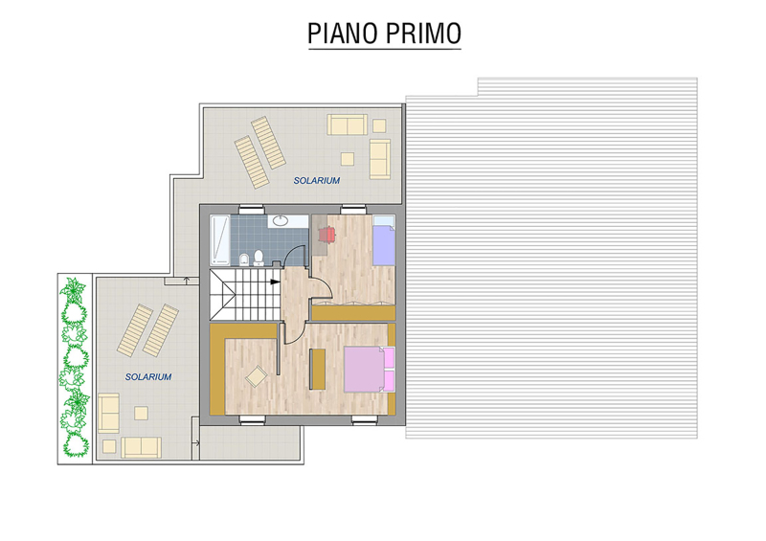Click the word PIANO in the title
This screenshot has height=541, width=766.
pos(343,34)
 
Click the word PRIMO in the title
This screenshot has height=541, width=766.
pos(423,34)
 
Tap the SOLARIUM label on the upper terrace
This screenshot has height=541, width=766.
pos(317,180)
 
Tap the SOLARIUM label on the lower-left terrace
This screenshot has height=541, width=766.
pos(148,377)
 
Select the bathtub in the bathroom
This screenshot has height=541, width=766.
pos(220,240)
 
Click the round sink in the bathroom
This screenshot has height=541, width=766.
pos(281,220)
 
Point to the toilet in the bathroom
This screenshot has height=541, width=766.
pos(259,258)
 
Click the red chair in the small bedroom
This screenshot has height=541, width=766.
pos(327,234)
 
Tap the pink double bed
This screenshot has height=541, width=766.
pos(369,369)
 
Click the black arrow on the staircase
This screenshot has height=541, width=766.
pos(275,282)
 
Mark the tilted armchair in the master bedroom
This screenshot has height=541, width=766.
pos(256,376)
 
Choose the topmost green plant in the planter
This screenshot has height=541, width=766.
pos(73,291)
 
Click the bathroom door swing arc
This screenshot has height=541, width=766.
pos(295,251)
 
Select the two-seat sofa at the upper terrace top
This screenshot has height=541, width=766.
pos(347,124)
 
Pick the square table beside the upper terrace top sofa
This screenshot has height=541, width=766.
pos(379,125)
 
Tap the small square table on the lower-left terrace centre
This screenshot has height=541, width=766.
pos(141,413)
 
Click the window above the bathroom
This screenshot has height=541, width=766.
pos(252,209)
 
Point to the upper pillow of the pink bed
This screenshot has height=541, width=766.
pos(389,358)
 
